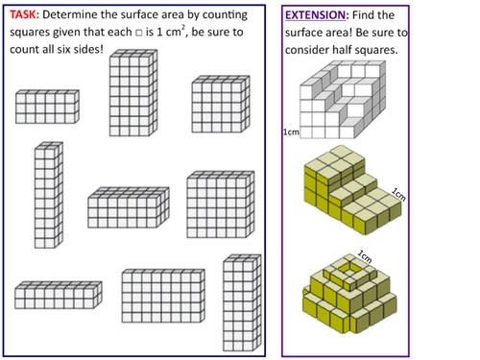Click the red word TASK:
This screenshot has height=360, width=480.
click(x=24, y=14)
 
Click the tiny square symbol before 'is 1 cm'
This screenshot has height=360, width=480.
click(x=139, y=33)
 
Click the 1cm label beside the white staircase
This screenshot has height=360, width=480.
click(x=291, y=132)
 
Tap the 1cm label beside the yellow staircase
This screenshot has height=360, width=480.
click(x=398, y=195)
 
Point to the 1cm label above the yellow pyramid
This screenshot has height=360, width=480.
click(x=365, y=256)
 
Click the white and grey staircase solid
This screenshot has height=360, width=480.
click(x=343, y=100)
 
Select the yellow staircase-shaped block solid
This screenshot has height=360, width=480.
click(x=352, y=190)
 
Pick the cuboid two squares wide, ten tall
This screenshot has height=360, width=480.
click(x=49, y=195)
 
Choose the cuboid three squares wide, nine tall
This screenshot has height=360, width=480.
click(x=242, y=302)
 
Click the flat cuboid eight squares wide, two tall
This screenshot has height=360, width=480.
click(x=59, y=295)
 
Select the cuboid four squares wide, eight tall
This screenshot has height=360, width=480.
click(x=133, y=93)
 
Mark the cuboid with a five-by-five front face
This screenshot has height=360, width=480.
click(x=221, y=104)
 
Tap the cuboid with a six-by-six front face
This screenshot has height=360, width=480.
click(x=221, y=204)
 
